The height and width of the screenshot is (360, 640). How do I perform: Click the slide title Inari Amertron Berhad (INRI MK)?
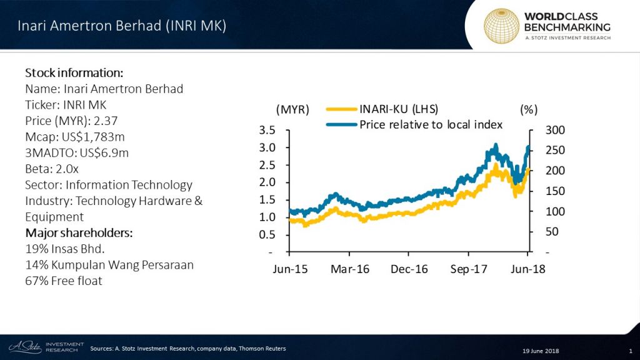[x=121, y=26]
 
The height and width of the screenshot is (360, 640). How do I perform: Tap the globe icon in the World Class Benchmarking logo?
[x=501, y=26]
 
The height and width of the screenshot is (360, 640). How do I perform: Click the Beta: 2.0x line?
[x=52, y=169]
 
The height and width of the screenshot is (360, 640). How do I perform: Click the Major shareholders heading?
[x=79, y=233]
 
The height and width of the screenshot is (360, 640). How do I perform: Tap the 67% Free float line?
[x=63, y=281]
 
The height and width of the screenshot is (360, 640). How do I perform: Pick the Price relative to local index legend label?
[x=431, y=124]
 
